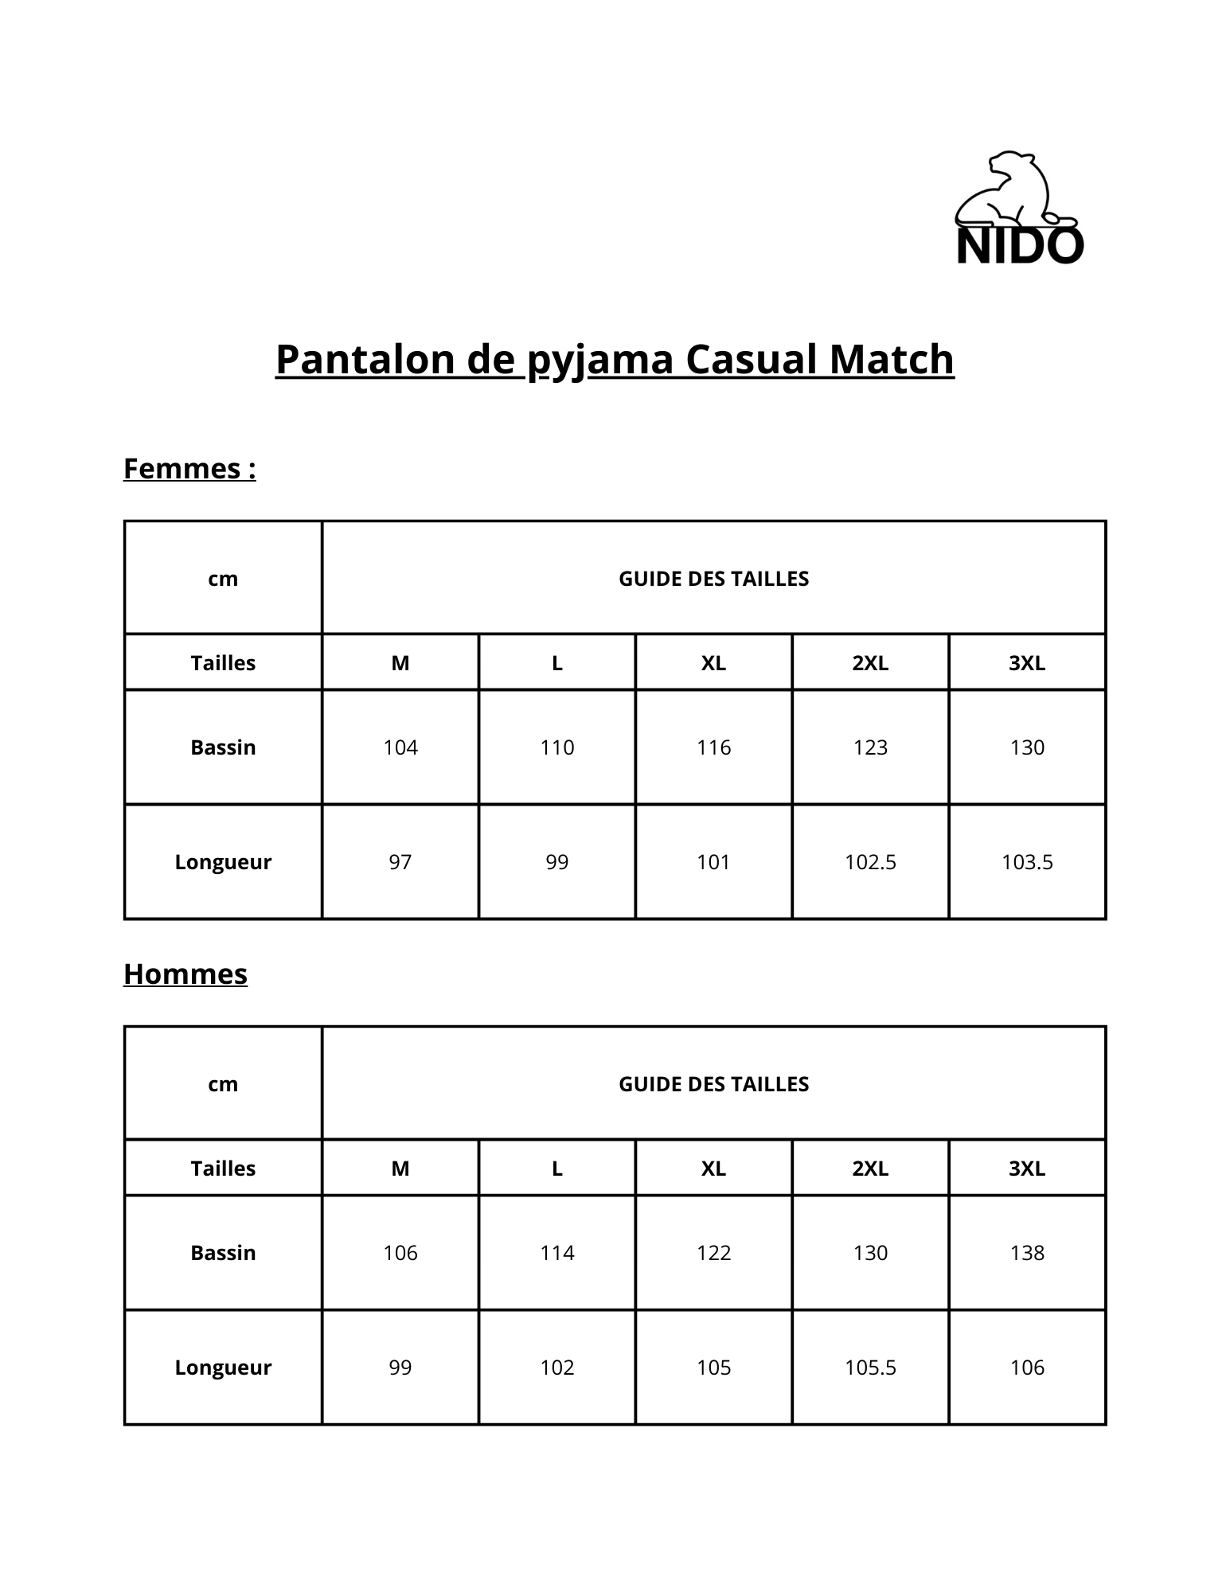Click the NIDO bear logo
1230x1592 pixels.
(x=1018, y=209)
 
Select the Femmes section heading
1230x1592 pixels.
(x=189, y=468)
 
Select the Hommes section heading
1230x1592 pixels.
(x=185, y=974)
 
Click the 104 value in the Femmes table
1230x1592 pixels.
(x=400, y=747)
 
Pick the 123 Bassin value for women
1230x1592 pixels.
(x=870, y=747)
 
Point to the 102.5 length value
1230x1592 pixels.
(x=870, y=862)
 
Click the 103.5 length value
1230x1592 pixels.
(x=1027, y=862)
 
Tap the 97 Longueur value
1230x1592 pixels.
(x=400, y=862)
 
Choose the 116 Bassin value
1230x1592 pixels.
(x=713, y=747)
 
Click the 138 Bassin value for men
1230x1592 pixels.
(x=1027, y=1253)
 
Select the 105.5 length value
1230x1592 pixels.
(x=870, y=1368)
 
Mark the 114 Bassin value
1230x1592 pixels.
(x=556, y=1253)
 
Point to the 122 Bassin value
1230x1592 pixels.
(x=713, y=1253)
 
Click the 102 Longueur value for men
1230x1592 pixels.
(x=556, y=1368)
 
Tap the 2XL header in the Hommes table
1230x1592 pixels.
(x=870, y=1169)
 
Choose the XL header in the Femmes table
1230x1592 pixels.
(x=713, y=663)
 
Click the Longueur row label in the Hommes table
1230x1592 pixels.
(x=223, y=1368)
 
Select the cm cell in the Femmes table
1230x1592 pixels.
(x=223, y=579)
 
